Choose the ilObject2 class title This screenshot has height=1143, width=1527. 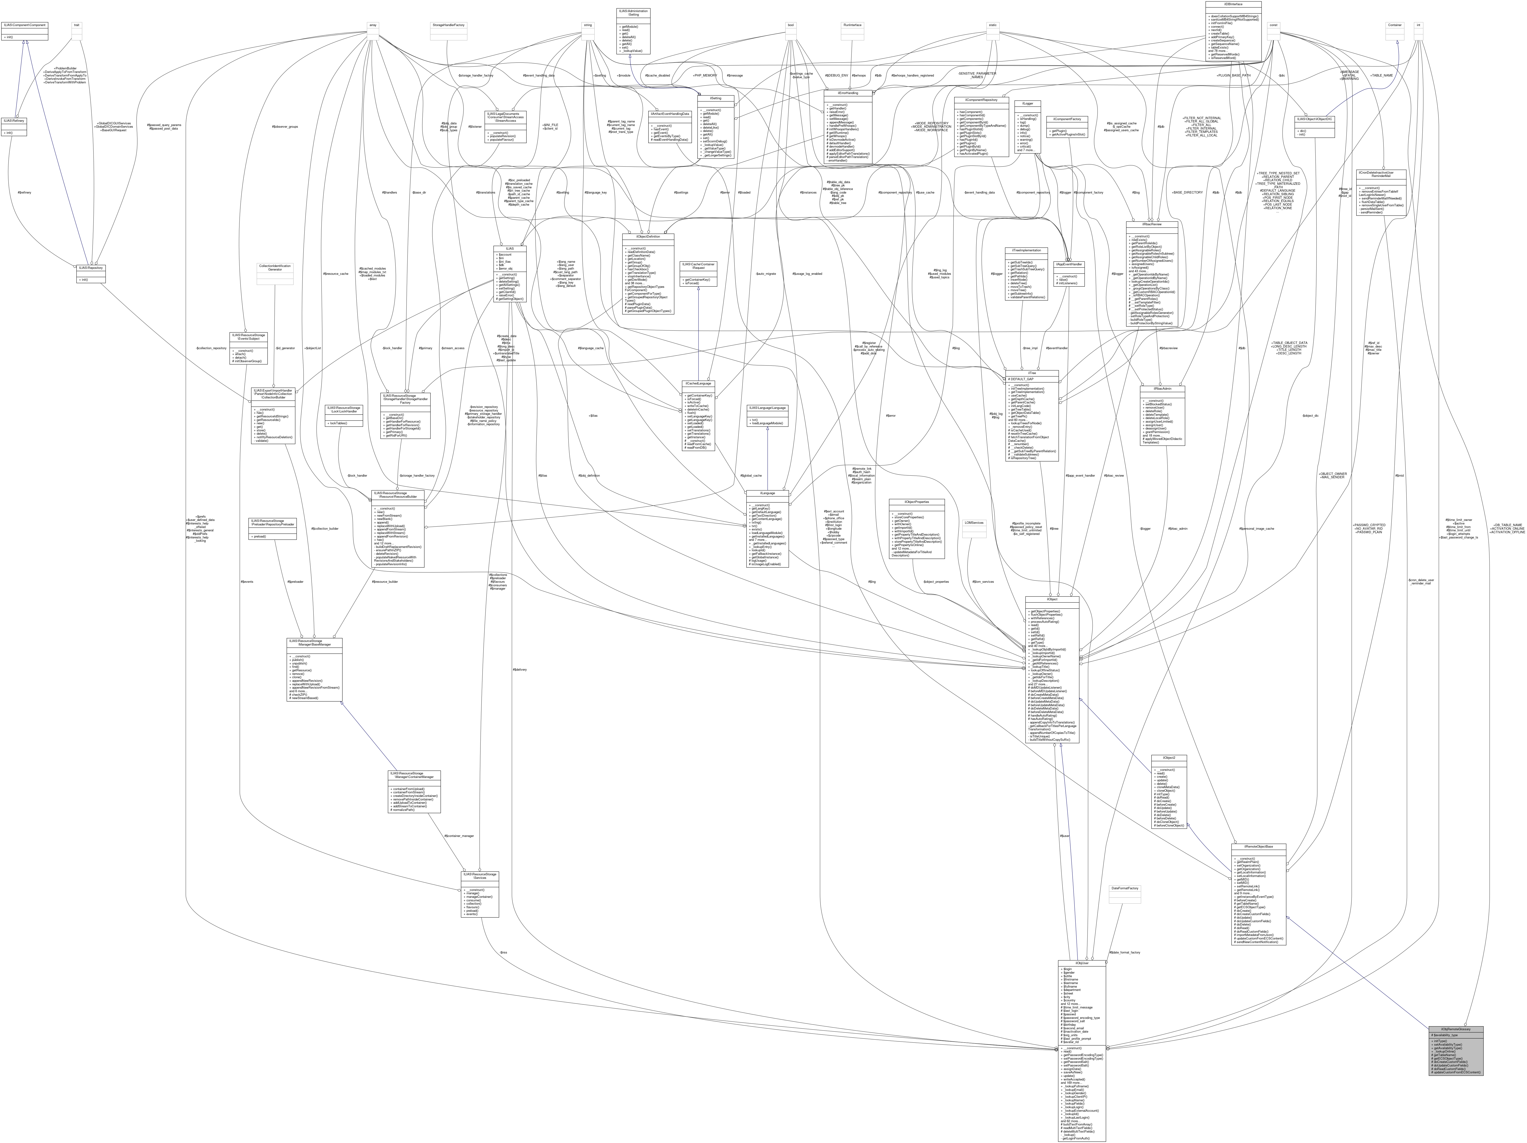click(x=1169, y=758)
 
